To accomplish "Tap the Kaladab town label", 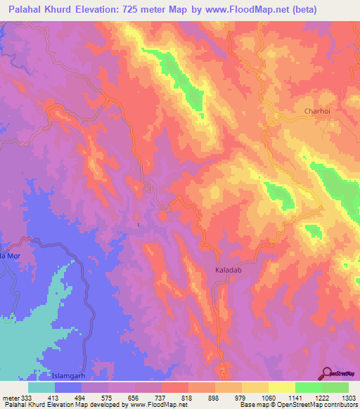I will click(x=229, y=269).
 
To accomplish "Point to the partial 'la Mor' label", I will click(x=10, y=257).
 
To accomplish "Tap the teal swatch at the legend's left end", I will click(x=41, y=387).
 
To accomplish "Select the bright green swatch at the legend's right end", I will click(x=335, y=387).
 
